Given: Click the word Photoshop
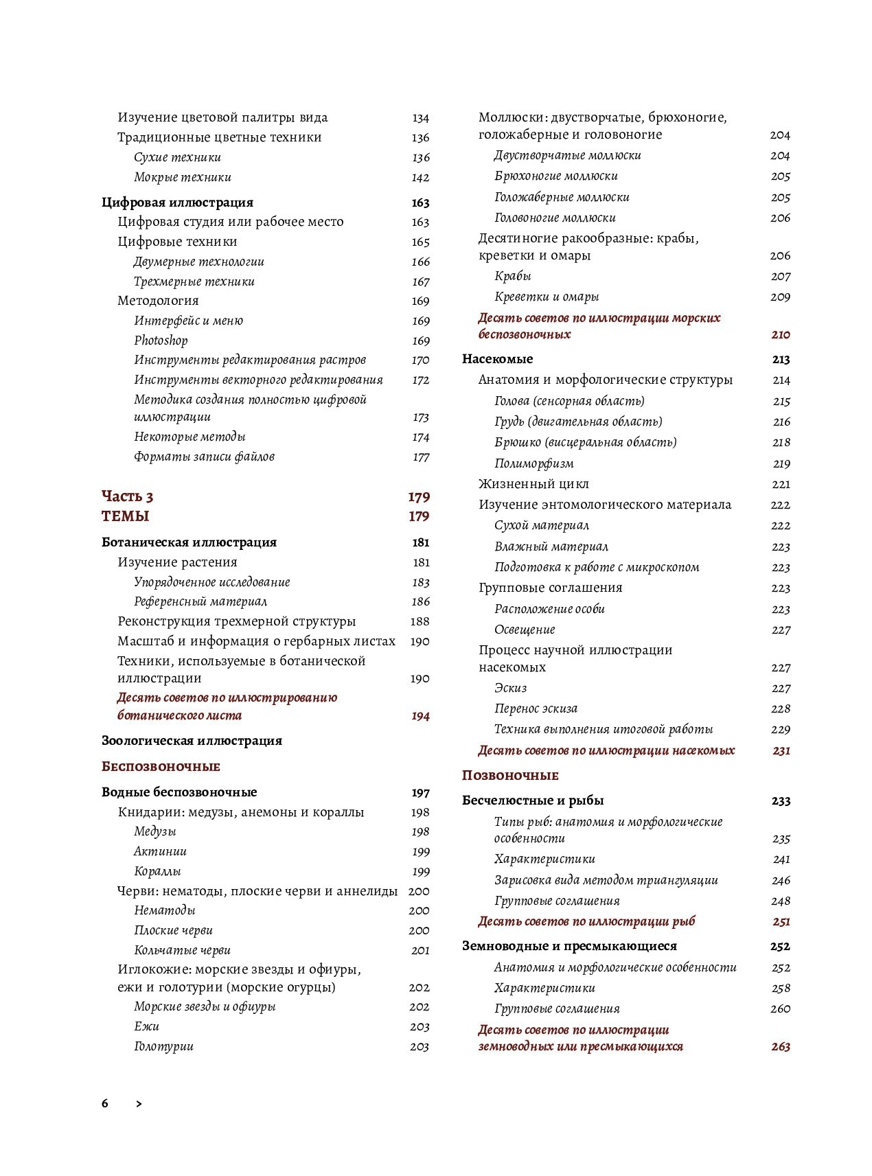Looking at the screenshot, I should pyautogui.click(x=161, y=341).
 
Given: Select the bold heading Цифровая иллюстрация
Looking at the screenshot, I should pyautogui.click(x=177, y=203).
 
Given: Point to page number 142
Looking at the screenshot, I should pyautogui.click(x=420, y=178).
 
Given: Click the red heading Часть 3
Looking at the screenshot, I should pyautogui.click(x=128, y=496).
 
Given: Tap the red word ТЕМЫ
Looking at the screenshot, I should pyautogui.click(x=126, y=516).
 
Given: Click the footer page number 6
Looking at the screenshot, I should pyautogui.click(x=105, y=1104).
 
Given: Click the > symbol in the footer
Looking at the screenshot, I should pyautogui.click(x=139, y=1104).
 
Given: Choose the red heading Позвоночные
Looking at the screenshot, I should pyautogui.click(x=510, y=776).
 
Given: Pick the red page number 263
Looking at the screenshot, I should pyautogui.click(x=781, y=1047).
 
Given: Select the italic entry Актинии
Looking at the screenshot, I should pyautogui.click(x=161, y=852).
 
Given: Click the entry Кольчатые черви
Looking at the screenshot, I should pyautogui.click(x=182, y=951).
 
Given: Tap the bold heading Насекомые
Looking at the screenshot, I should pyautogui.click(x=497, y=359).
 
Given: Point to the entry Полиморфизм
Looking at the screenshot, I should pyautogui.click(x=534, y=464).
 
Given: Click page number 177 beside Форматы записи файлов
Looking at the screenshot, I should pyautogui.click(x=421, y=457).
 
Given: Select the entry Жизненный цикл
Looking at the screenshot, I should pyautogui.click(x=533, y=485).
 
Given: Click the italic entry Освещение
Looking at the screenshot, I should pyautogui.click(x=525, y=630).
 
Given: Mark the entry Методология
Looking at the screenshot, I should pyautogui.click(x=158, y=301).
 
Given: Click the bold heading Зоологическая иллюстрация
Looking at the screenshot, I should pyautogui.click(x=192, y=741).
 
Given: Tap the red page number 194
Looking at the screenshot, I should pyautogui.click(x=420, y=716).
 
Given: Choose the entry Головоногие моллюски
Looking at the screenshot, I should pyautogui.click(x=555, y=218).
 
